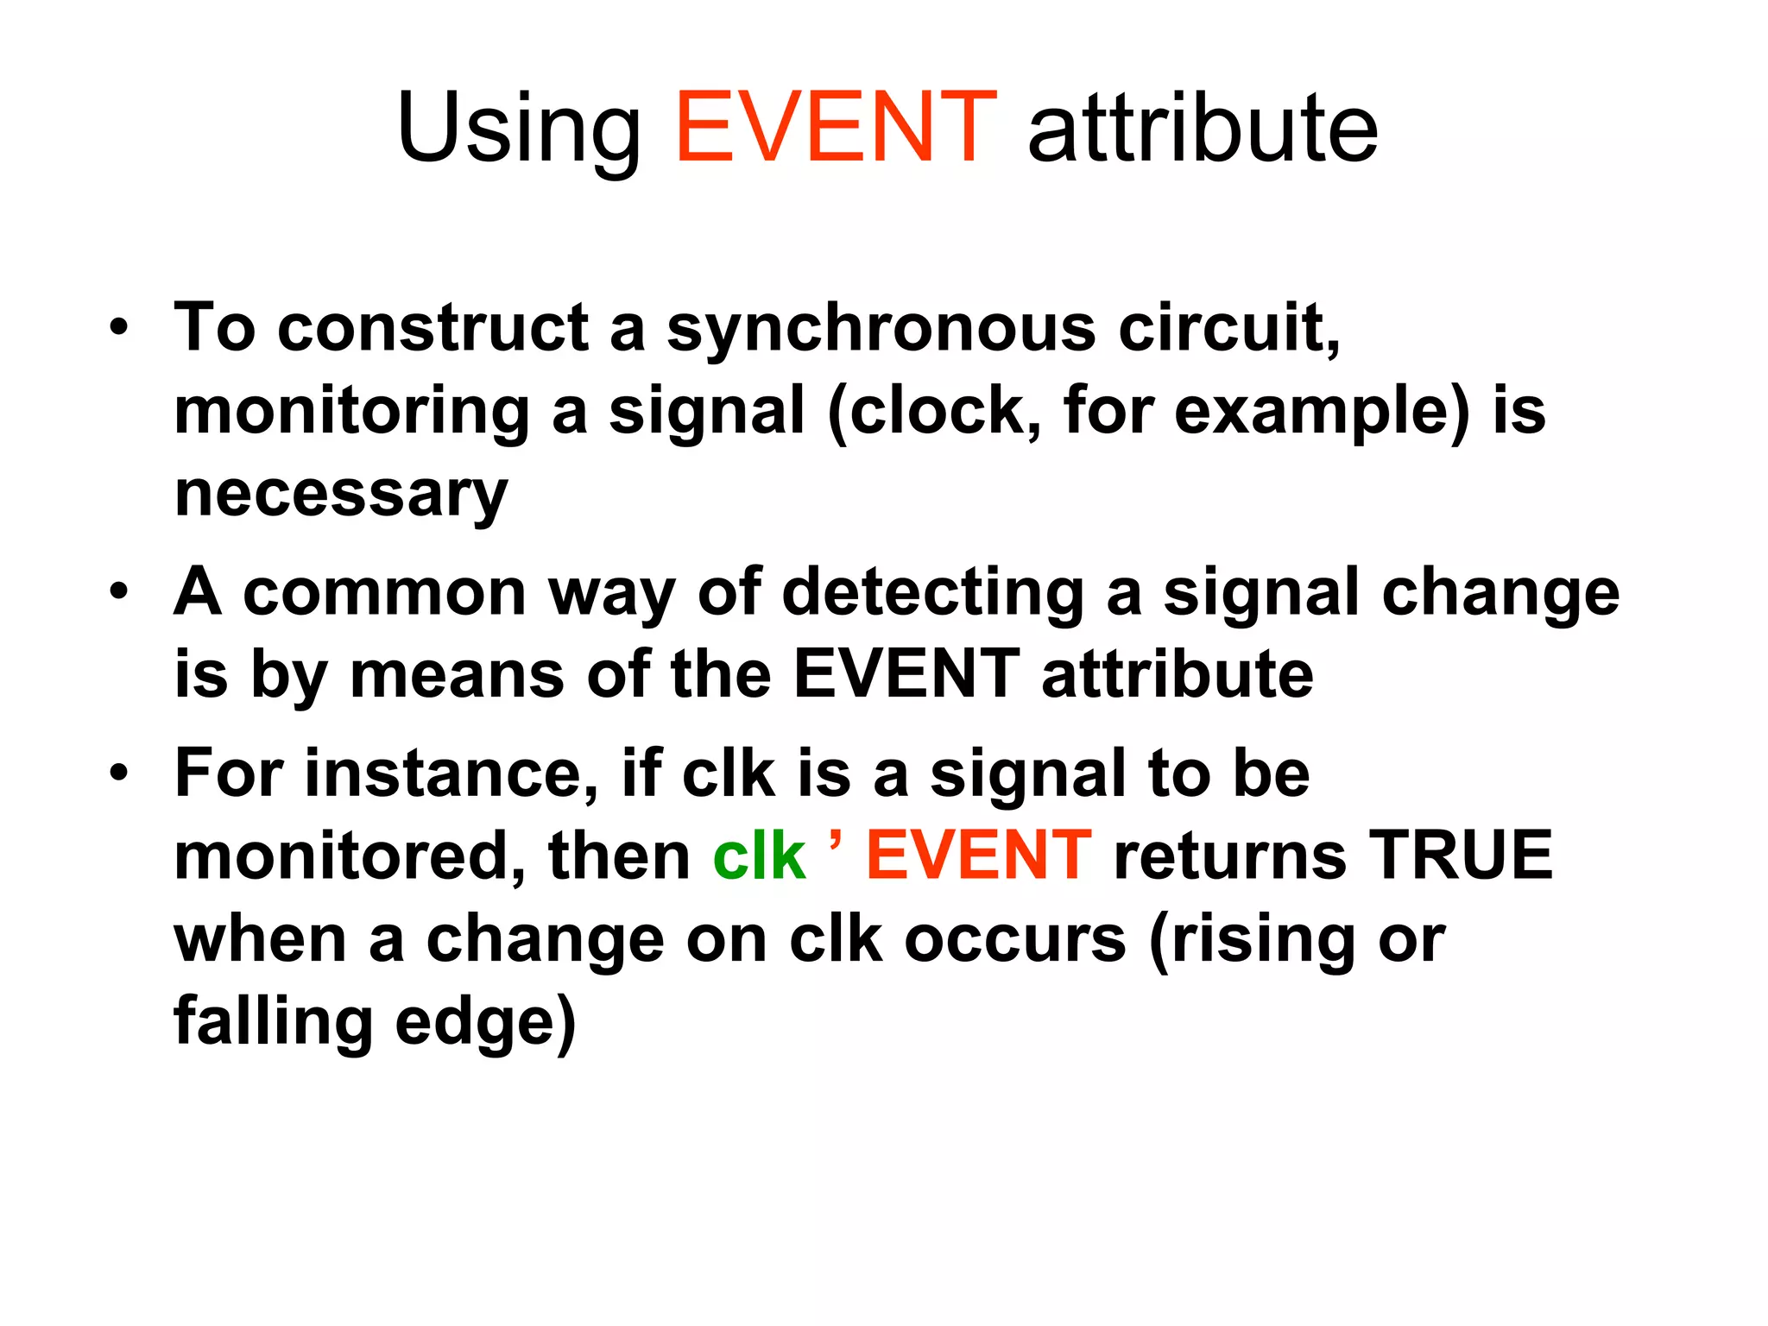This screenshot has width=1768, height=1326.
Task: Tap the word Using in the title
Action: tap(519, 129)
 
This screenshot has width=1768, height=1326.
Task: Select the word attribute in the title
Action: tap(1203, 129)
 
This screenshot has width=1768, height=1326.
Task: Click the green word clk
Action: tap(759, 856)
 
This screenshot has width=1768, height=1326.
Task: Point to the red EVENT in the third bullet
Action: tap(979, 856)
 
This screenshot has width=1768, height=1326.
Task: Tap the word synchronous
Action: tap(881, 329)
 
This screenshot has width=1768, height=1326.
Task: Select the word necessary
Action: tap(341, 496)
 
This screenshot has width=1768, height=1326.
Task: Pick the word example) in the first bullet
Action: tap(1322, 412)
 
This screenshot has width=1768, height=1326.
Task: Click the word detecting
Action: tap(932, 593)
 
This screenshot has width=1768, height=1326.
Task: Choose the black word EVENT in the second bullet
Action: tap(906, 674)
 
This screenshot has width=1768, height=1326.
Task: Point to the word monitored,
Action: tap(350, 856)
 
